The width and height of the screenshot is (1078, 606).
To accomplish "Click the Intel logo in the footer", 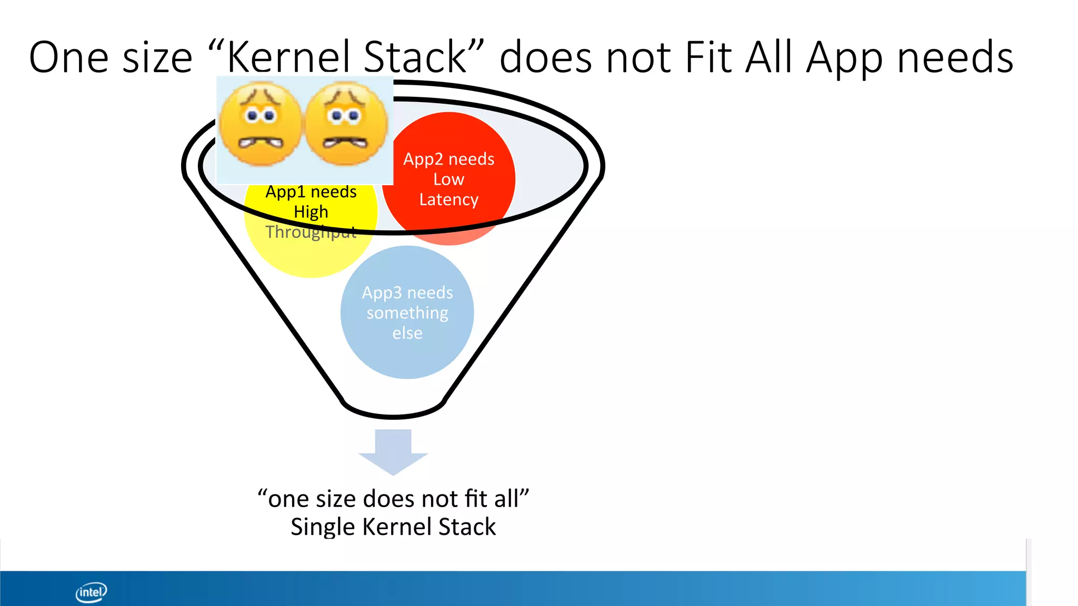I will click(x=91, y=592).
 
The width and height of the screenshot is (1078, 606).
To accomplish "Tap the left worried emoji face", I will click(x=260, y=124).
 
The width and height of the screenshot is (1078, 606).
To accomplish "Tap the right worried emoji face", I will click(x=346, y=124).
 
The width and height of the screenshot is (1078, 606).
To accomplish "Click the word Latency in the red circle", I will click(x=448, y=200).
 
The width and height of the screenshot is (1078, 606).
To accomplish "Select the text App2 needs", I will click(x=448, y=159).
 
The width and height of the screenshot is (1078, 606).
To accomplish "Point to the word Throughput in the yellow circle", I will click(x=311, y=232).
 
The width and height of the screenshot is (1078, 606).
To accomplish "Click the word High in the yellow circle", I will click(x=311, y=211).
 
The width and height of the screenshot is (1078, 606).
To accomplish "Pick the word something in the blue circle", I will click(x=407, y=313).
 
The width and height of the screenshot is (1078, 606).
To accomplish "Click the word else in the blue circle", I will click(x=407, y=333).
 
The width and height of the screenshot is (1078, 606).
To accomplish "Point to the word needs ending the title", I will click(x=955, y=58).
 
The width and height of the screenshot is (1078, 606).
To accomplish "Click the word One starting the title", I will click(x=69, y=58).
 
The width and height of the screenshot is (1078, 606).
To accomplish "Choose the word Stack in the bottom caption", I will click(x=467, y=527).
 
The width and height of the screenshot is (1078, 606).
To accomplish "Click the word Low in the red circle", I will click(x=448, y=179).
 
